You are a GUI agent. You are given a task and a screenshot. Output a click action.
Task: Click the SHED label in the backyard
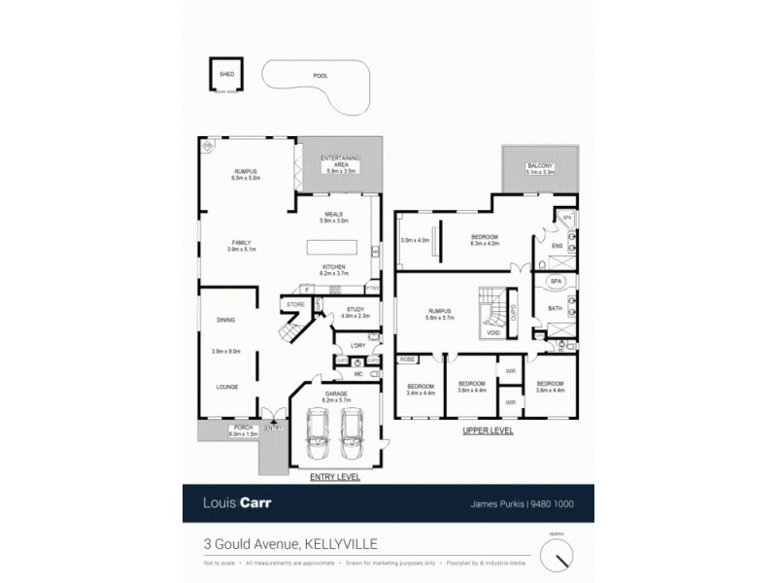pyautogui.click(x=225, y=74)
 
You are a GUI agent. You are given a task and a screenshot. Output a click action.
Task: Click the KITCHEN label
pyautogui.click(x=334, y=265)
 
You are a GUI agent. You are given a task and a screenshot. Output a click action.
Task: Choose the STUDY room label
pyautogui.click(x=355, y=309)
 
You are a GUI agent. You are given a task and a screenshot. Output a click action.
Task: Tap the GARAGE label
pyautogui.click(x=335, y=394)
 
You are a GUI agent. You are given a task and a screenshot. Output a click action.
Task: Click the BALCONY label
pyautogui.click(x=540, y=167)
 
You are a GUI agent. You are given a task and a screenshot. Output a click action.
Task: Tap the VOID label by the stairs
pyautogui.click(x=493, y=331)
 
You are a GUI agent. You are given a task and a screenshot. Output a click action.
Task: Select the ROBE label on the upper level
pyautogui.click(x=407, y=359)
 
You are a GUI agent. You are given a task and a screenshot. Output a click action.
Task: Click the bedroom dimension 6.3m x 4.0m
pyautogui.click(x=485, y=243)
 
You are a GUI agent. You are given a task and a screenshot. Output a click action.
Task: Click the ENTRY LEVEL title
pyautogui.click(x=334, y=477)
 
